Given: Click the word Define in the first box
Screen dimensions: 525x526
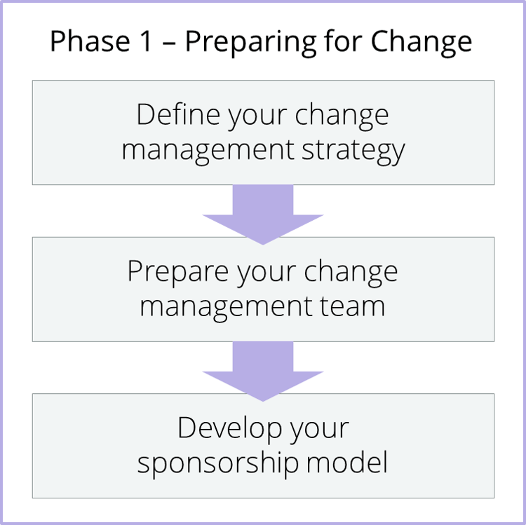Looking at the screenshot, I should click(x=178, y=115).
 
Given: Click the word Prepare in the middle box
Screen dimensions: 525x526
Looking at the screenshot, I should click(x=177, y=273).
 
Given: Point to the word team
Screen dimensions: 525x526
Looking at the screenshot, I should click(x=351, y=307).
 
